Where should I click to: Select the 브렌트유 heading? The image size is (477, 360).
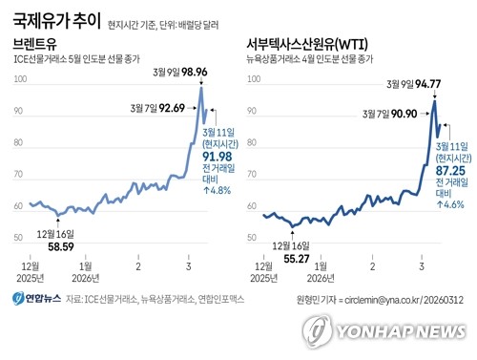point(33,45)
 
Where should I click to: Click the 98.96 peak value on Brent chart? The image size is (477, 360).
point(215,72)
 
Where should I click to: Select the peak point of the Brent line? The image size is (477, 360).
point(201,89)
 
